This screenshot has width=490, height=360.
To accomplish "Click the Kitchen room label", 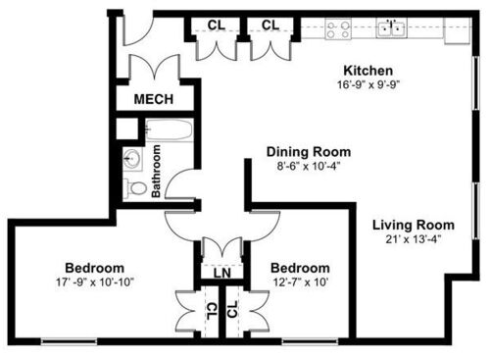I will point(367,71).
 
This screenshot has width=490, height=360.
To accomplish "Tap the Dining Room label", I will point(309,152).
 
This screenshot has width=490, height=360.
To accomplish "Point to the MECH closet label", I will point(154,100).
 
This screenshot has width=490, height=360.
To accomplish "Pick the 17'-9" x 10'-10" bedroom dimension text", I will point(94,283).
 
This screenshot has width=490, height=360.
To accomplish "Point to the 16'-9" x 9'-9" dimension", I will point(367,84).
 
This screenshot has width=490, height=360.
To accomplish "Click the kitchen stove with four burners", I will point(339,29).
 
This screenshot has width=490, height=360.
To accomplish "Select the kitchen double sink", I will point(392,28).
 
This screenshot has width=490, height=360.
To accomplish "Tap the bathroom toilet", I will point(136,187).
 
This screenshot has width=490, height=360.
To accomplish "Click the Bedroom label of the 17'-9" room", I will point(94,269).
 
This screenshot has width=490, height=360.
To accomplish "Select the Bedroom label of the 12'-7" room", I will point(299,269).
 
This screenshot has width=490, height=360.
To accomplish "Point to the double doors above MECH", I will point(154,71).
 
